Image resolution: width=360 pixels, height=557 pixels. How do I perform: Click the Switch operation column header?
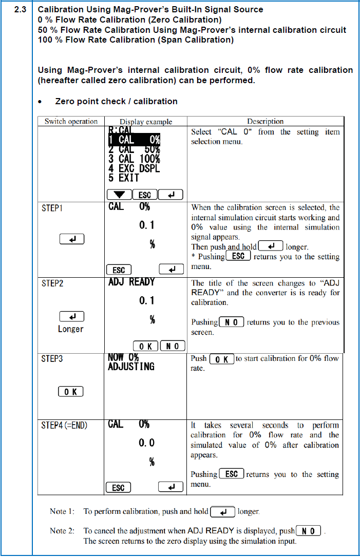click(71, 122)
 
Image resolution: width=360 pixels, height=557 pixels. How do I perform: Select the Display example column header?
click(146, 122)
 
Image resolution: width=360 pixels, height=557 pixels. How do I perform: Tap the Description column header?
click(265, 122)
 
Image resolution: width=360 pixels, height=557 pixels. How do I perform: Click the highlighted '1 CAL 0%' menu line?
click(134, 139)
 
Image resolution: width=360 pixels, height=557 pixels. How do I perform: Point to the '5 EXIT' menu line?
click(124, 178)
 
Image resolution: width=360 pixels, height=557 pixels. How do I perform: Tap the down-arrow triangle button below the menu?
click(119, 195)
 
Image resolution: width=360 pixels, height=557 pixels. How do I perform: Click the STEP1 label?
click(52, 208)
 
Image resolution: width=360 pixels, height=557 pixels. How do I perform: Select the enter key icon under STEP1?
click(71, 239)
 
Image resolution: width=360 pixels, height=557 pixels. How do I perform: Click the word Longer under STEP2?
click(71, 329)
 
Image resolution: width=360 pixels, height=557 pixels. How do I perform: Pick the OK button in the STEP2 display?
click(145, 346)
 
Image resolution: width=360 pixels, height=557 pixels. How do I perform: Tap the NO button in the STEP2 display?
click(172, 346)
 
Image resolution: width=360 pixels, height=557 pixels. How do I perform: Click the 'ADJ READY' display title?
click(131, 282)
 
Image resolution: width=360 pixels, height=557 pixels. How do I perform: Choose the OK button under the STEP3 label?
click(71, 392)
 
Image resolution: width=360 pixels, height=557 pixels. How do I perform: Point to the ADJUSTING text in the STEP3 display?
click(131, 367)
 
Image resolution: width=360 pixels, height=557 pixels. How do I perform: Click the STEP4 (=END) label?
click(65, 426)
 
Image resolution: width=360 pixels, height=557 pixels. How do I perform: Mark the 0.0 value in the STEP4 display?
click(146, 443)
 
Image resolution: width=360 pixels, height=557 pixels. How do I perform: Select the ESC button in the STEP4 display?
click(118, 487)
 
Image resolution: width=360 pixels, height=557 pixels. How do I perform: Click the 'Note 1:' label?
click(62, 512)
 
